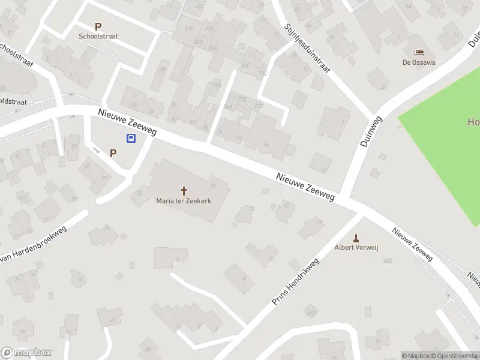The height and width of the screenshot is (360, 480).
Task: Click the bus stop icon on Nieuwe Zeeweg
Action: point(130,139)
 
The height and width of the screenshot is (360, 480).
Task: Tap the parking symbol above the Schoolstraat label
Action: point(98,26)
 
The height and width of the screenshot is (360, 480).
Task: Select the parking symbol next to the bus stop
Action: point(113,153)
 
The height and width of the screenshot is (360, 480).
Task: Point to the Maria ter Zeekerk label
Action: point(184,201)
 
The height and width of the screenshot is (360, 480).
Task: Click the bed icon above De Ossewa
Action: point(418,53)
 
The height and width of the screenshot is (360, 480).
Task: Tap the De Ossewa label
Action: point(418,62)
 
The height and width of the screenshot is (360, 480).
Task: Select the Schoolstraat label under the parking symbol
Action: point(98,36)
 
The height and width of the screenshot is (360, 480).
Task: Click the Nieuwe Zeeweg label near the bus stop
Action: point(127,122)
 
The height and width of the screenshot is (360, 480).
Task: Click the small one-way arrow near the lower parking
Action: point(97,149)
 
